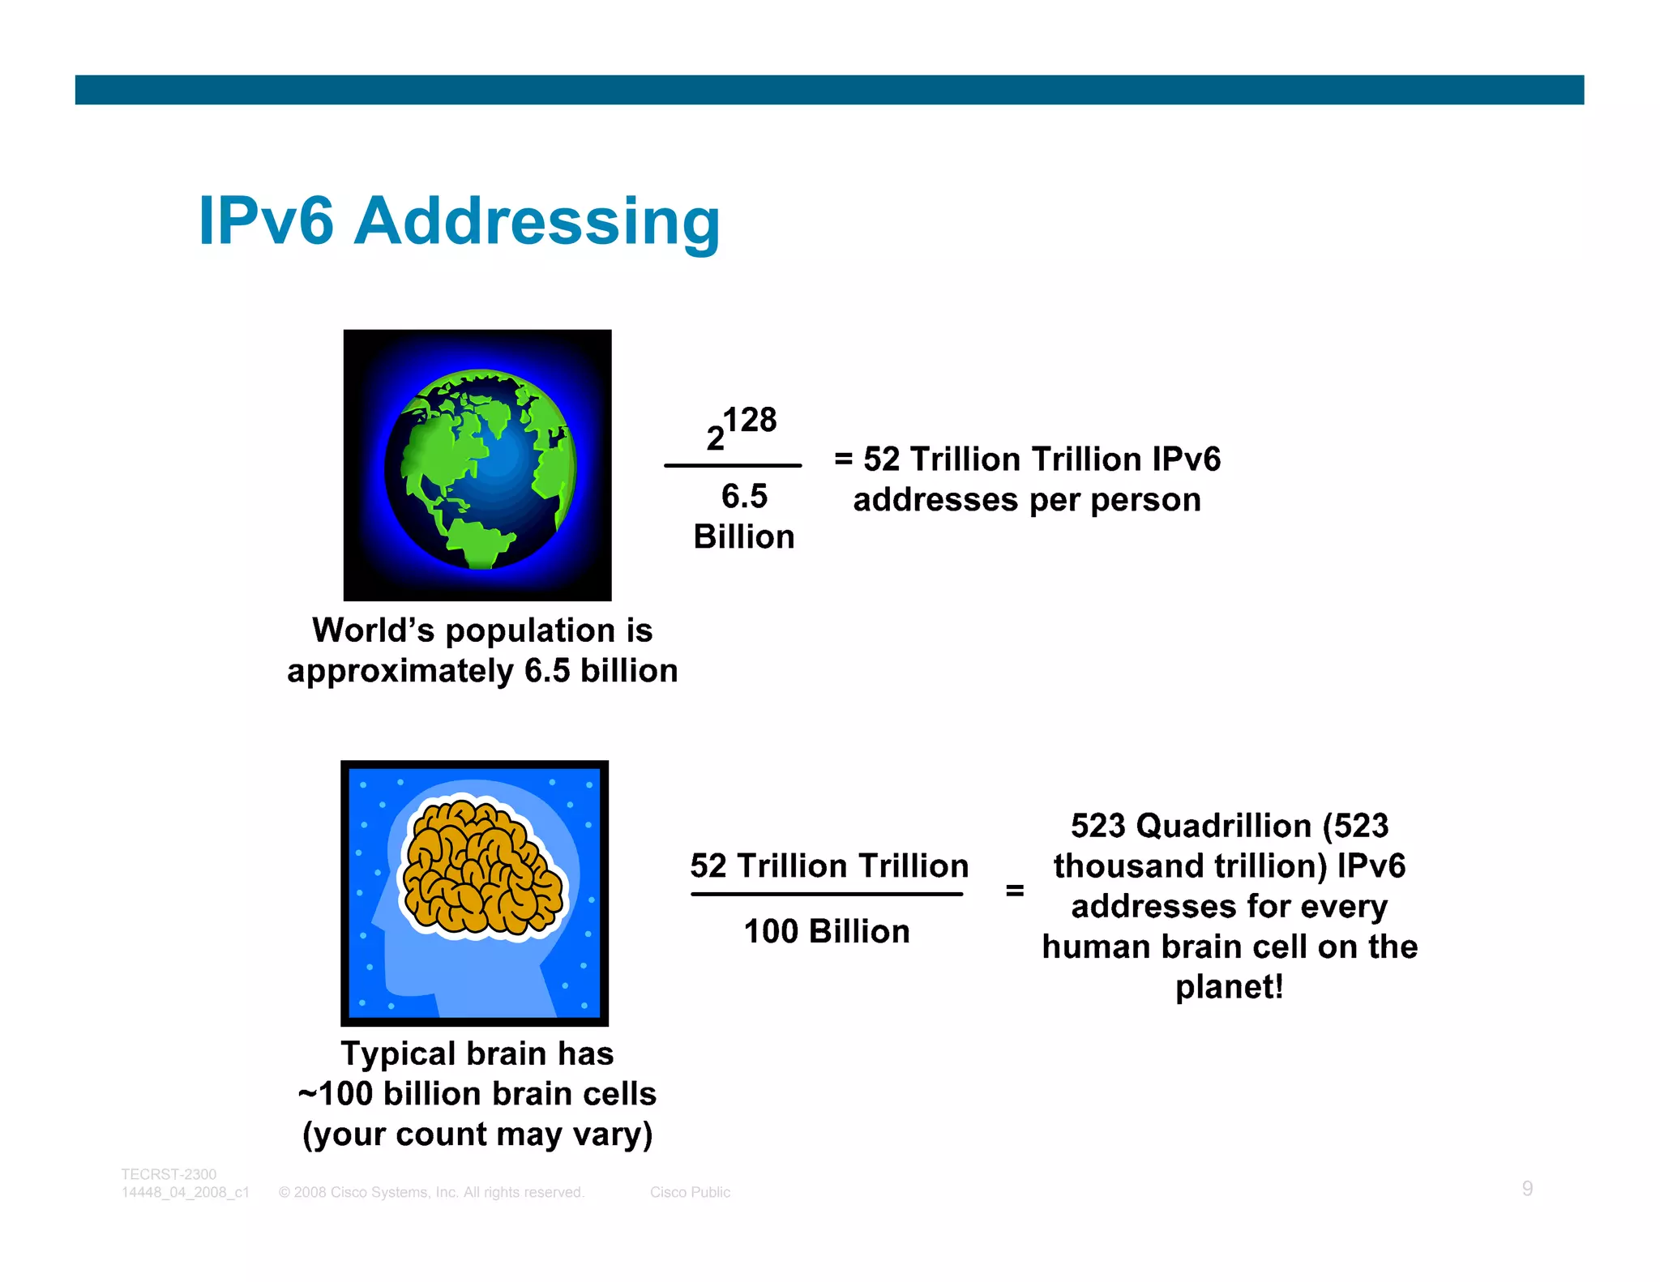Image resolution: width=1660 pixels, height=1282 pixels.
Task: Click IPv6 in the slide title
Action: pos(266,221)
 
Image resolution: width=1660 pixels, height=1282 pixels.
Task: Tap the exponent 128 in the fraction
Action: pos(750,420)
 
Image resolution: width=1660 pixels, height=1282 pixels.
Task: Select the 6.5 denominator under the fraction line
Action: pos(744,496)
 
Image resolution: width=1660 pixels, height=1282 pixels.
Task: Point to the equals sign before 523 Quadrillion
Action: pos(1014,891)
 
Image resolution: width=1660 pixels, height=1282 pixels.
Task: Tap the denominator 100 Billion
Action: pos(827,931)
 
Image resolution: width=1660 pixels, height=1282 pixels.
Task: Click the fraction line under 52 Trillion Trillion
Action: pos(827,894)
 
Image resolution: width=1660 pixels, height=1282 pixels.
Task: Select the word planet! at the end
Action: pos(1229,987)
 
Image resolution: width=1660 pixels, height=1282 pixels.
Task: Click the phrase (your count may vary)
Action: pos(477,1134)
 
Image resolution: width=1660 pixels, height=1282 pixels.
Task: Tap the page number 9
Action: pos(1527,1188)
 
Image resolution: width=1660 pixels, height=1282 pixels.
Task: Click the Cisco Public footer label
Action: pos(690,1192)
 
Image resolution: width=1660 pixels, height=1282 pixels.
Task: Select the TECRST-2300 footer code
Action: pos(169,1174)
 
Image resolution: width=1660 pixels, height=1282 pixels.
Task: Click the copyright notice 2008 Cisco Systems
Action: pos(431,1192)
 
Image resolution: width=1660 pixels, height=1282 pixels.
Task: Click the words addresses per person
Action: pos(1026,500)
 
